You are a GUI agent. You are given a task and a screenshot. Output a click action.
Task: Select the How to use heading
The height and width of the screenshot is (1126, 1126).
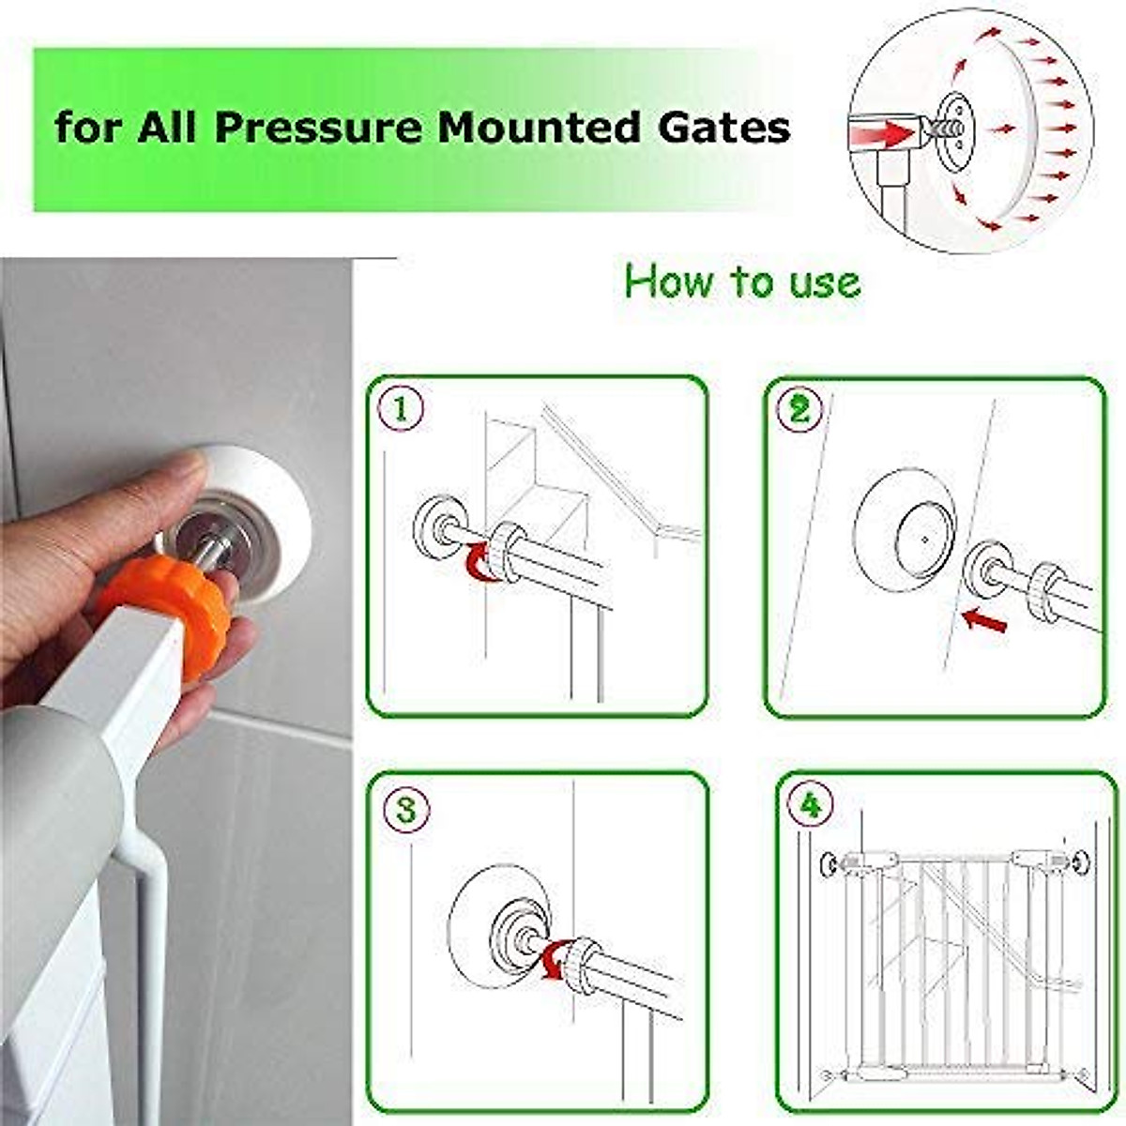click(741, 281)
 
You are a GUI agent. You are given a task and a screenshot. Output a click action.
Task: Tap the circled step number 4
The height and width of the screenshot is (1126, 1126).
click(811, 805)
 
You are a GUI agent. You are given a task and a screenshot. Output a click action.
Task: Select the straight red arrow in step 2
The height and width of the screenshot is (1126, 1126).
click(984, 620)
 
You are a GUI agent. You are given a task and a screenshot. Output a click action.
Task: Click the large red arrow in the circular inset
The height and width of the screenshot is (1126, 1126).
click(887, 133)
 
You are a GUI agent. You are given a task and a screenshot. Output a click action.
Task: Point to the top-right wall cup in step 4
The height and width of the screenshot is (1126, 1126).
click(1081, 861)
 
